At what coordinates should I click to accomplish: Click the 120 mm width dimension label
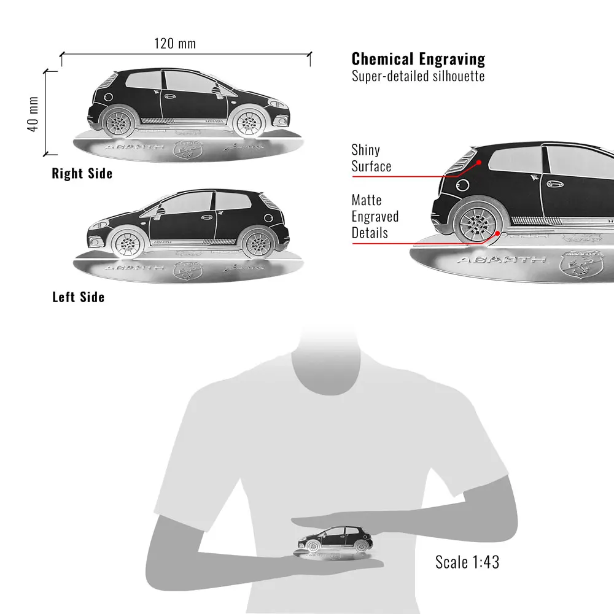(175, 43)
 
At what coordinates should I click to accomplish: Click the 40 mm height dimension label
(33, 113)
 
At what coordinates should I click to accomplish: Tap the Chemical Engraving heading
(418, 59)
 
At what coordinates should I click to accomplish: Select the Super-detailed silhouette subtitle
(418, 76)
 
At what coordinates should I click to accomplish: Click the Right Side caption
(82, 174)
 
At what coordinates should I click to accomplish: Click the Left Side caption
(79, 297)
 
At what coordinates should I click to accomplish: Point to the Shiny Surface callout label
(371, 158)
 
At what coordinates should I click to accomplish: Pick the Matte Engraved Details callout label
(375, 216)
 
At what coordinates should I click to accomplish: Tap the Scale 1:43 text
(467, 561)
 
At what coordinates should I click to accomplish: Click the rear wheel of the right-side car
(119, 122)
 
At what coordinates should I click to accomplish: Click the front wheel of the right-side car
(249, 122)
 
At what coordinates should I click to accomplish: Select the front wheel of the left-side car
(127, 244)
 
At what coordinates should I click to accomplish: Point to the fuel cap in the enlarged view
(462, 184)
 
